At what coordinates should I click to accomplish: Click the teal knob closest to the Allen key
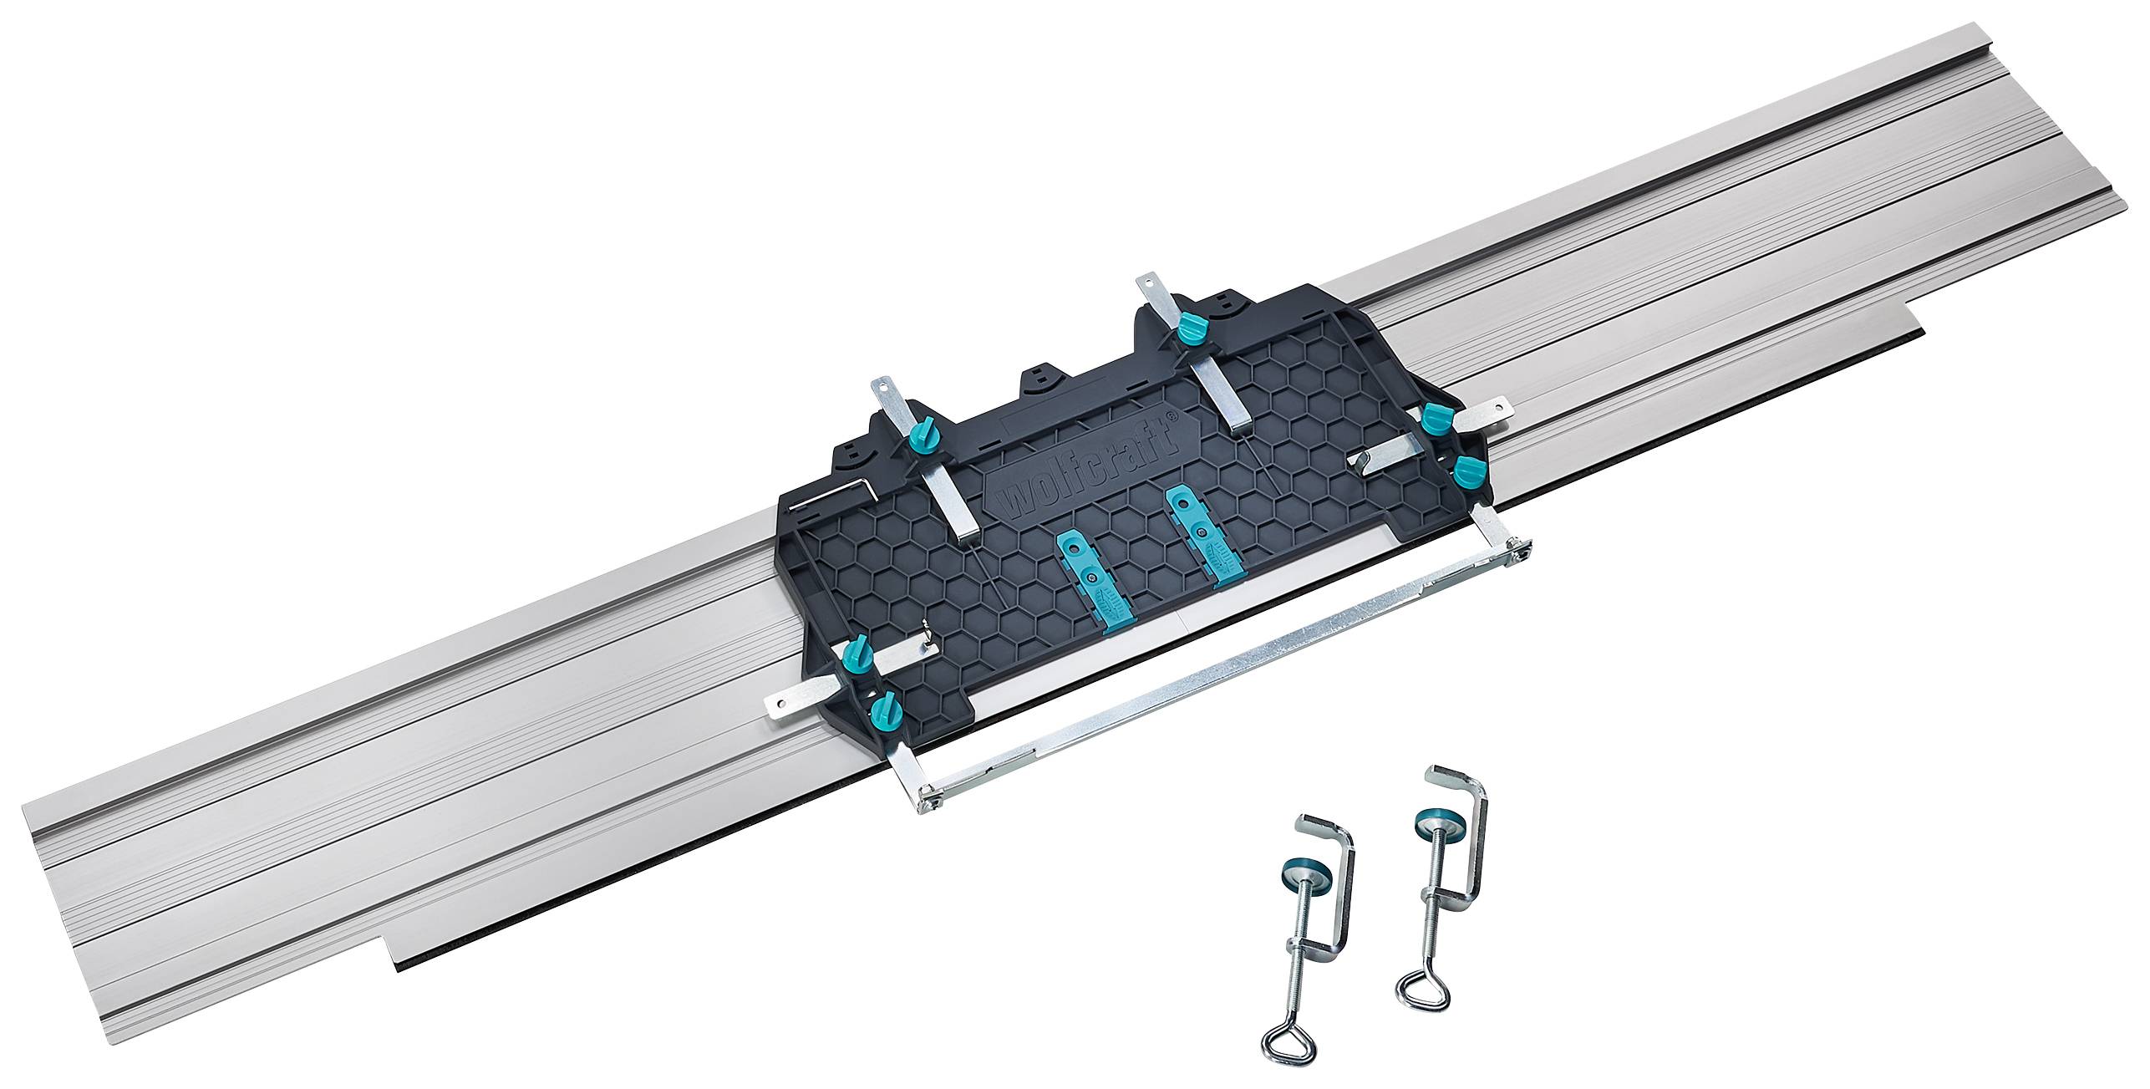pos(920,435)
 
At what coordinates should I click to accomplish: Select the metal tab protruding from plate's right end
pos(1492,410)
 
